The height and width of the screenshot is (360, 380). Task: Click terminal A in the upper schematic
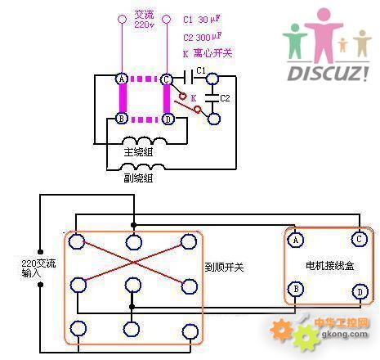(x=122, y=79)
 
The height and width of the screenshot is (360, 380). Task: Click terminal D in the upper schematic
(x=168, y=119)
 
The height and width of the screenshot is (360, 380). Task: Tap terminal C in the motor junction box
(x=360, y=239)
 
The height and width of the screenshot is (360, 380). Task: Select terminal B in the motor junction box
(x=296, y=289)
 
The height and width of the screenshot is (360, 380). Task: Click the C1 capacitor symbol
(x=189, y=77)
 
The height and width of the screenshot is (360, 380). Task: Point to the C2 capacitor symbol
(x=212, y=98)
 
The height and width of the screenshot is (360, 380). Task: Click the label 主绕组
(x=138, y=152)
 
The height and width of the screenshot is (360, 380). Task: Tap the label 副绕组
(x=138, y=178)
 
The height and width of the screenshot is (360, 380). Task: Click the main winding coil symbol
(x=145, y=141)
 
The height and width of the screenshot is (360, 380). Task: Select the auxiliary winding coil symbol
(x=142, y=166)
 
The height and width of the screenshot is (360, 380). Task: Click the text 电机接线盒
(x=330, y=265)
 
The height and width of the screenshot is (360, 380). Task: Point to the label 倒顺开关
(x=225, y=268)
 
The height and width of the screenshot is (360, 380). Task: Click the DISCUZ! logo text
(x=329, y=74)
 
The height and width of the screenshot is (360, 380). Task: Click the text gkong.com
(x=344, y=334)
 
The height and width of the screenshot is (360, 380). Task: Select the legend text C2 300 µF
(x=203, y=37)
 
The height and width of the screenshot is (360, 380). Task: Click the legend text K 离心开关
(x=208, y=53)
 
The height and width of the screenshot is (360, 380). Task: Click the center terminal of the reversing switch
(x=132, y=286)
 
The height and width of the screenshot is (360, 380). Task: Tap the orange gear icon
(x=282, y=330)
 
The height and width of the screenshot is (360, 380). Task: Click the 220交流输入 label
(x=38, y=268)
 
